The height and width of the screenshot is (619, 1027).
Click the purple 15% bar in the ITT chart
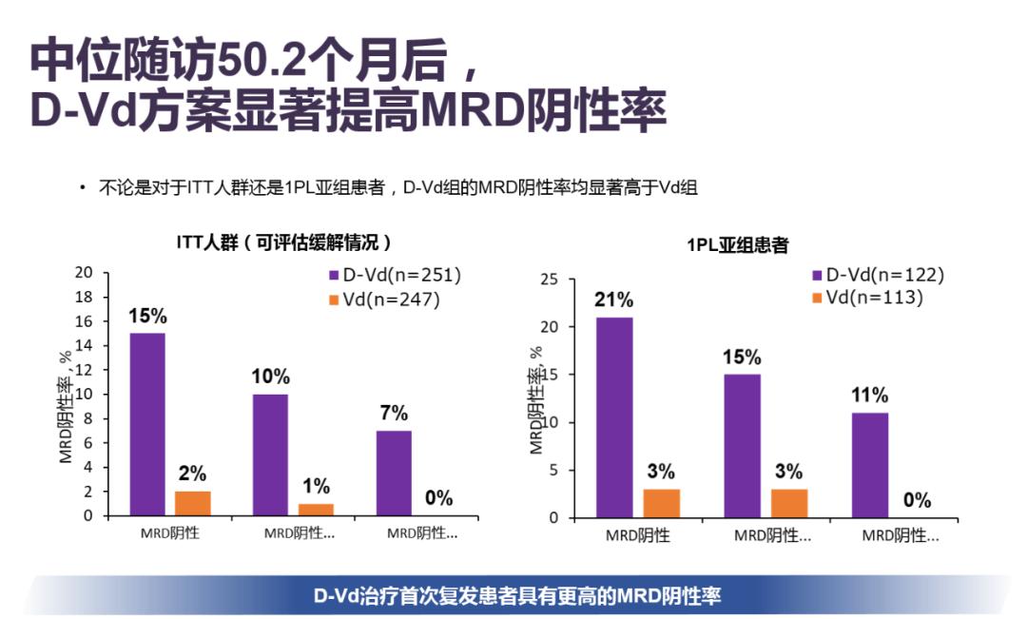147,424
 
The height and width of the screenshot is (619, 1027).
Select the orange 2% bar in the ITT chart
192,503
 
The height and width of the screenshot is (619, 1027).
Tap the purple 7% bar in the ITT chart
394,473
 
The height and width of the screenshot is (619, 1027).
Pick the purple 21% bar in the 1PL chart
615,417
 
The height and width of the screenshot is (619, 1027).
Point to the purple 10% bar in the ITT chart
270,455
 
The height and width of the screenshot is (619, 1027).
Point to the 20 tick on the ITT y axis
86,273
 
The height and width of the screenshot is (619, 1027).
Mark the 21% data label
614,300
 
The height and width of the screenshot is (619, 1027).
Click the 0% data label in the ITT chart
438,498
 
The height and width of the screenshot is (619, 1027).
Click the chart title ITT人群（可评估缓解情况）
283,242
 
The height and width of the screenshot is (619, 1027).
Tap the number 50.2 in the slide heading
261,62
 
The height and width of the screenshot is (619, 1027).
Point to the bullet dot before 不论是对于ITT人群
83,188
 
